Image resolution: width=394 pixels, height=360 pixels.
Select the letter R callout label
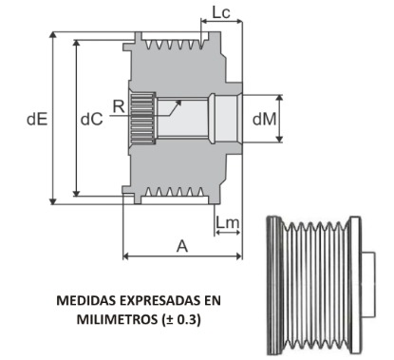(x=116, y=106)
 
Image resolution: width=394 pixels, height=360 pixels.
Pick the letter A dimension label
(x=181, y=244)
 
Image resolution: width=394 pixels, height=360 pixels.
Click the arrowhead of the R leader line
(x=155, y=116)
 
